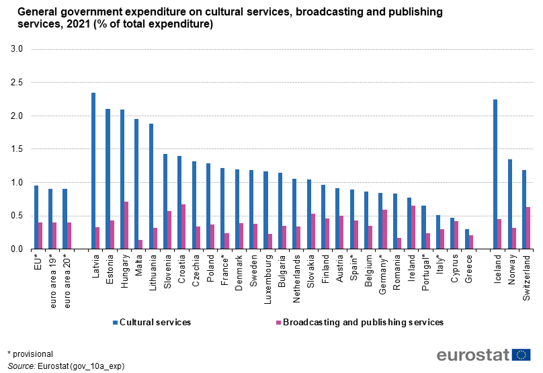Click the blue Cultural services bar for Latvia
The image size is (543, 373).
click(93, 171)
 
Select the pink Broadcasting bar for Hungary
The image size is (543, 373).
click(126, 225)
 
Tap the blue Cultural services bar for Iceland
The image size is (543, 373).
click(495, 174)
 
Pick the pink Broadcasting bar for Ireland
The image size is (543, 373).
click(413, 227)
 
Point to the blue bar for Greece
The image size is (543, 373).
click(466, 239)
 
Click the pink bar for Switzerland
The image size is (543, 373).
click(528, 228)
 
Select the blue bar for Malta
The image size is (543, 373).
click(136, 184)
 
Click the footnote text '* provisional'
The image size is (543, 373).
click(30, 354)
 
